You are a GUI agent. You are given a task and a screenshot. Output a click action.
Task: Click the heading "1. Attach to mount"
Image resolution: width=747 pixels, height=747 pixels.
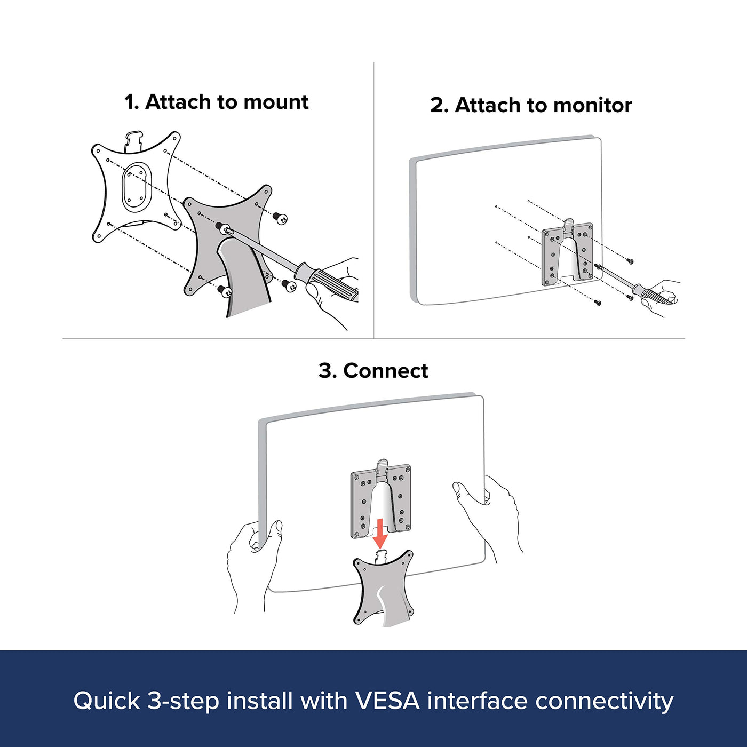[216, 102]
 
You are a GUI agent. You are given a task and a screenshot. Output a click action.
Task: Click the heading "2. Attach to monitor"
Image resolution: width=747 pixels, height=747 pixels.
[531, 105]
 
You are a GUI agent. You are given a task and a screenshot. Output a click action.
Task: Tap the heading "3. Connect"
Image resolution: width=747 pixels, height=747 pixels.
[373, 371]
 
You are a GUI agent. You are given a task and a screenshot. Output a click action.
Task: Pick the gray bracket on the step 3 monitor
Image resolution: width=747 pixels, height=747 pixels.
[380, 500]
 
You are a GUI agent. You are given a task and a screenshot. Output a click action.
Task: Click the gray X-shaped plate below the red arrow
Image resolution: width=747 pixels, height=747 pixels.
[383, 591]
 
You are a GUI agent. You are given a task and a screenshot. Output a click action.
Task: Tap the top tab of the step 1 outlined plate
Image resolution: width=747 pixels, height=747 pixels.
[133, 140]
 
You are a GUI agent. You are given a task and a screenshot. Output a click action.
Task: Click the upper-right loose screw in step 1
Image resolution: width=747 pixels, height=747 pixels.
[280, 218]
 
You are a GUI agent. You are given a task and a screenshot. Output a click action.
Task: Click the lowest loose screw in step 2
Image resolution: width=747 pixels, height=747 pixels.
[598, 302]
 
